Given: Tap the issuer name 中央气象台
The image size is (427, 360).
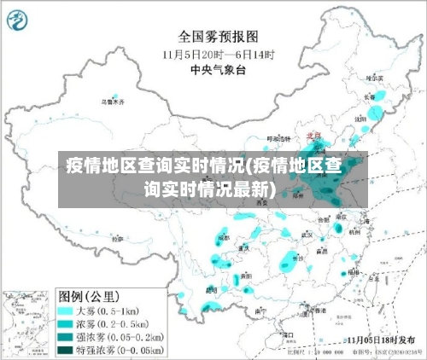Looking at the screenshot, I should click(218, 68).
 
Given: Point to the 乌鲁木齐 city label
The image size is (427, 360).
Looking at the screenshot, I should click(113, 102).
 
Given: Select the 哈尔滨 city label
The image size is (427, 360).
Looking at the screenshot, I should click(374, 78).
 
